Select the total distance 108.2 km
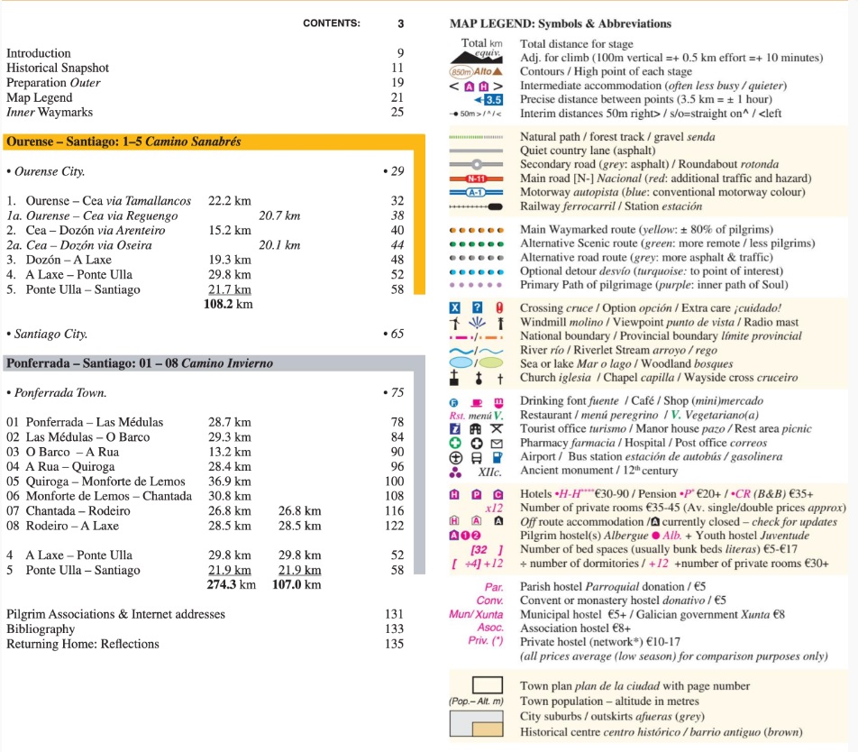(228, 305)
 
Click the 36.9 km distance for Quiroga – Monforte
(229, 481)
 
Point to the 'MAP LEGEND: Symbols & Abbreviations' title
(560, 23)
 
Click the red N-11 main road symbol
(475, 179)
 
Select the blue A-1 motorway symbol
(475, 192)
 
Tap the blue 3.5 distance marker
(488, 99)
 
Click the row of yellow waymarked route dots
(475, 230)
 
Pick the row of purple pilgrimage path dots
(475, 284)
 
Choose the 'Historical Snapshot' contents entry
(58, 68)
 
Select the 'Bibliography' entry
(41, 629)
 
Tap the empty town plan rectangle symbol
(475, 685)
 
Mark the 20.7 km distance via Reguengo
(278, 216)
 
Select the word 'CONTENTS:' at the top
(331, 23)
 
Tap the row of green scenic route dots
(475, 243)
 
